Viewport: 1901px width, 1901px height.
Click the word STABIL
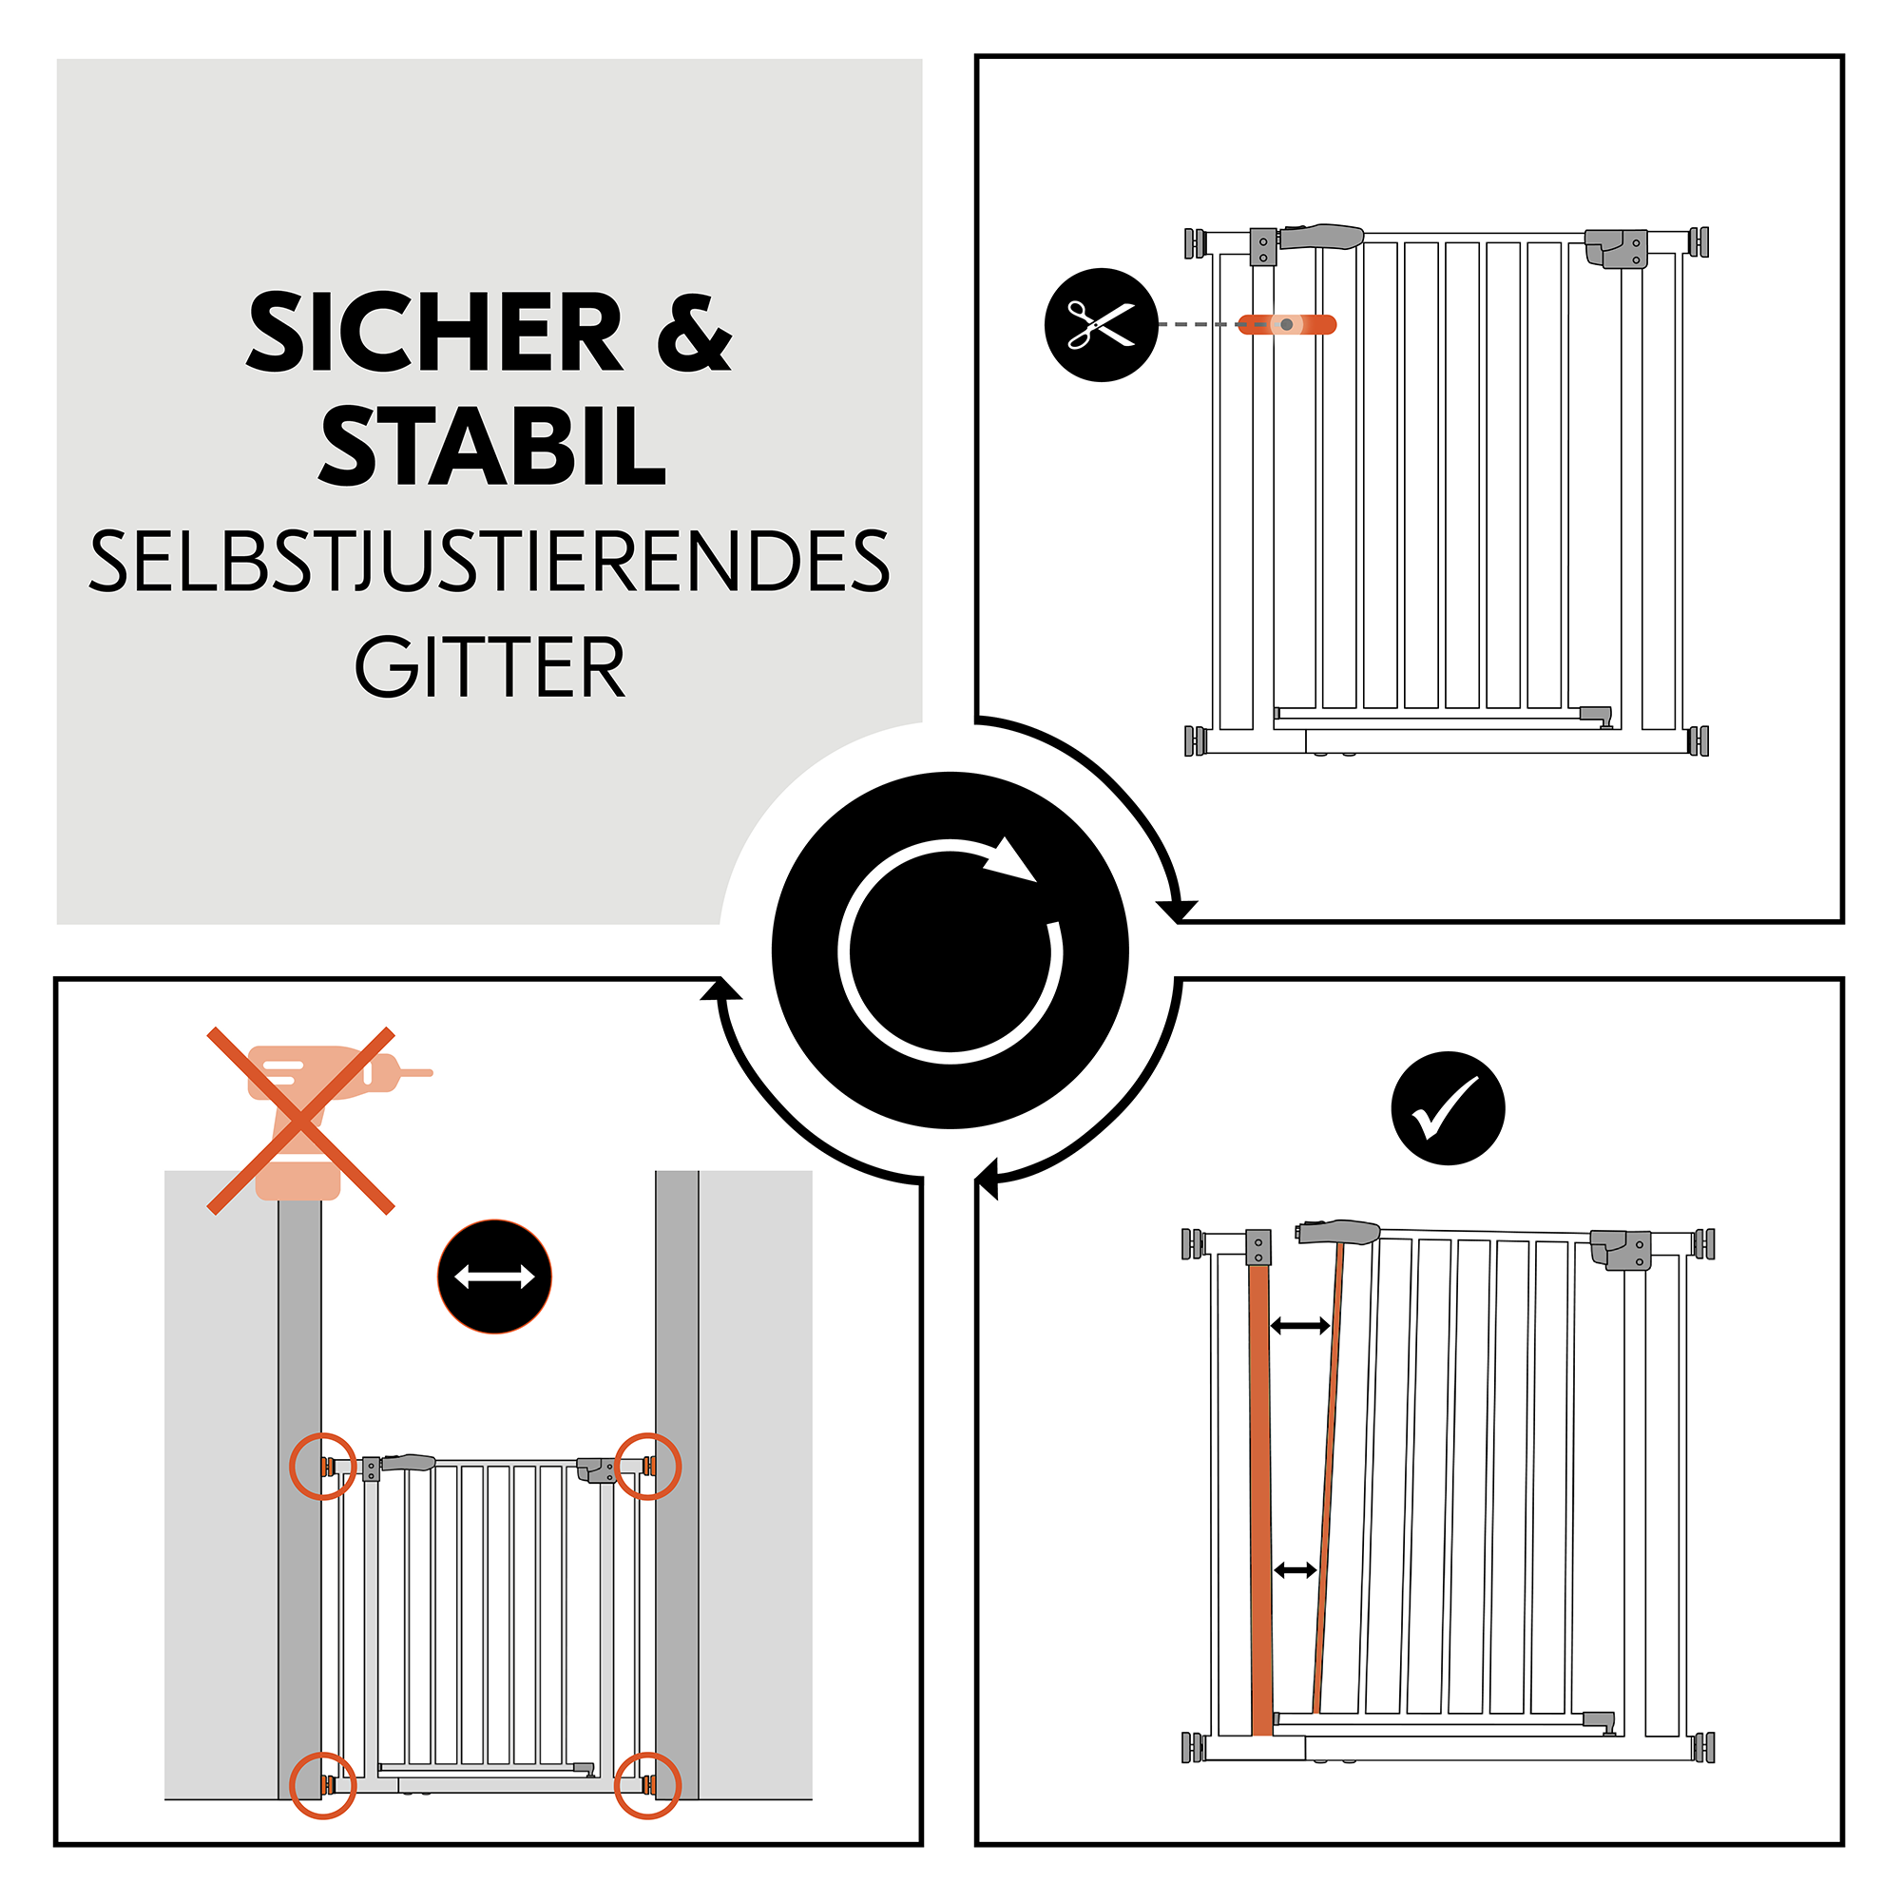coord(492,448)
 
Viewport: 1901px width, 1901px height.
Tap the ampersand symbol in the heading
coord(694,334)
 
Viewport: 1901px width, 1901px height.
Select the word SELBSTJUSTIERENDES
coord(489,562)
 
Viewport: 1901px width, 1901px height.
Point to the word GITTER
coord(489,668)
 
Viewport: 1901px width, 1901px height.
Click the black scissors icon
coord(1101,325)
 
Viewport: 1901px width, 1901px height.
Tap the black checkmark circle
coord(1448,1109)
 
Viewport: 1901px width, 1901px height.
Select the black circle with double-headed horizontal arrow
coord(494,1277)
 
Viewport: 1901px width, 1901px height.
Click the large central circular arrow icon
coord(950,950)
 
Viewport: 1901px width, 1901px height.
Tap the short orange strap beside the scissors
coord(1286,325)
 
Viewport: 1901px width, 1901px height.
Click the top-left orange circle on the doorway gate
coord(323,1466)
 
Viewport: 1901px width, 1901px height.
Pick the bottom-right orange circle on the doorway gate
coord(646,1785)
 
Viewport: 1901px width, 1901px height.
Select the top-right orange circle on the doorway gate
coord(647,1466)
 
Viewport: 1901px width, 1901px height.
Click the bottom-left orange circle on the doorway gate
coord(323,1785)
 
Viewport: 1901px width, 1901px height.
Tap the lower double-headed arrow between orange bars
coord(1295,1570)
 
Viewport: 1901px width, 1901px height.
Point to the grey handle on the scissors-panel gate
coord(1321,236)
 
